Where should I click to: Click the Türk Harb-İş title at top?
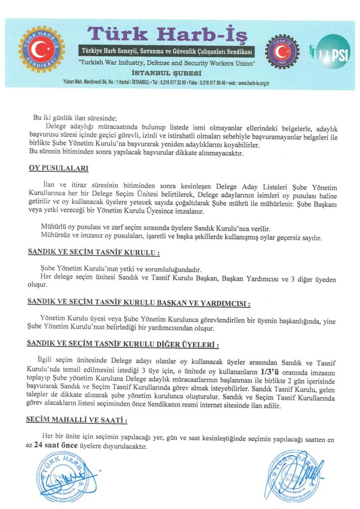tap(168, 33)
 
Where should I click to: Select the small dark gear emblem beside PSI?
tap(282, 51)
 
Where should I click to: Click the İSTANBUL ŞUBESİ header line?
tap(168, 73)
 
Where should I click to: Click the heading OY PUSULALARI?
tap(59, 168)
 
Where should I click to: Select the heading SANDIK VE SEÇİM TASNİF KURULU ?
tap(93, 253)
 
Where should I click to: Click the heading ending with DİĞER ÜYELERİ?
tap(123, 344)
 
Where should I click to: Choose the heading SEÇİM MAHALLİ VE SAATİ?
tap(77, 420)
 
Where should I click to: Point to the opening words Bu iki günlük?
tap(53, 118)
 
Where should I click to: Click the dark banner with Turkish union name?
tap(168, 52)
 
